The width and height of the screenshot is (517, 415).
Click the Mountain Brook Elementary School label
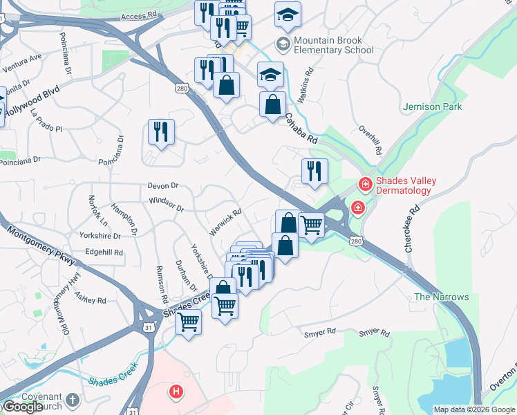333,45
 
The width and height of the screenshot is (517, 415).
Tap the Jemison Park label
432,107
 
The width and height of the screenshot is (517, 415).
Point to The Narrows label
442,297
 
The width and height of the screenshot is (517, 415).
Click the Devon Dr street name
164,185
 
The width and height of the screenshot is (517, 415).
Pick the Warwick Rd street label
225,221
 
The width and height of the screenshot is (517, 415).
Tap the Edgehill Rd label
104,252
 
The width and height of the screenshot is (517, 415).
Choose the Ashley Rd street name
91,300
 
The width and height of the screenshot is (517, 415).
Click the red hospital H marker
177,392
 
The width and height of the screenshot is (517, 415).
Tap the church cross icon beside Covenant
73,399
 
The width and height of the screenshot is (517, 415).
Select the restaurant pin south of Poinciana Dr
161,131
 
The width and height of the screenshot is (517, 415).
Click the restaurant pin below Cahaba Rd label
314,171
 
